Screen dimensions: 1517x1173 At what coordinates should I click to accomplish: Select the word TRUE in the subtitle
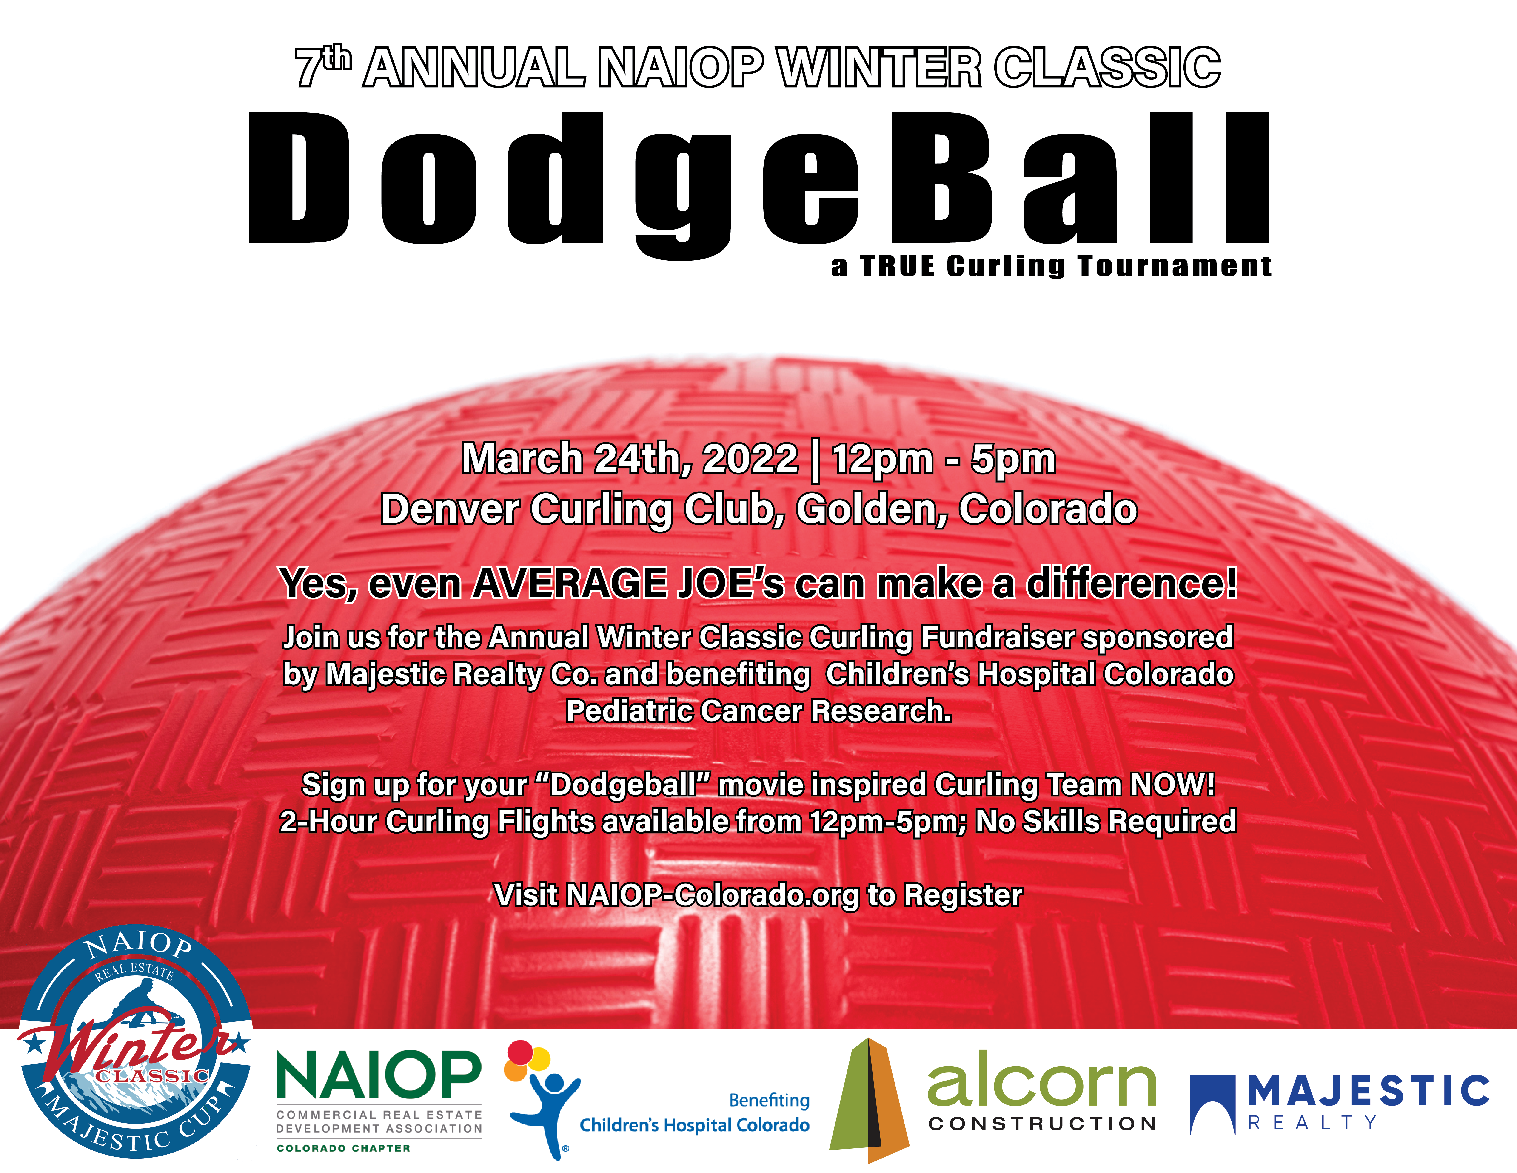pyautogui.click(x=897, y=266)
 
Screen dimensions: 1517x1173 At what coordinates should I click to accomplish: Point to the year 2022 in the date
pyautogui.click(x=750, y=459)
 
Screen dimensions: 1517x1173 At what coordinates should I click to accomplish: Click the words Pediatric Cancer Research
pyautogui.click(x=758, y=711)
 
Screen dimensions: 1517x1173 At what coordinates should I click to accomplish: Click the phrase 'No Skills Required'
pyautogui.click(x=1106, y=821)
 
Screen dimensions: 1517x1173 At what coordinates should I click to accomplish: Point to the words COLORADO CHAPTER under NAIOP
pyautogui.click(x=344, y=1148)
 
